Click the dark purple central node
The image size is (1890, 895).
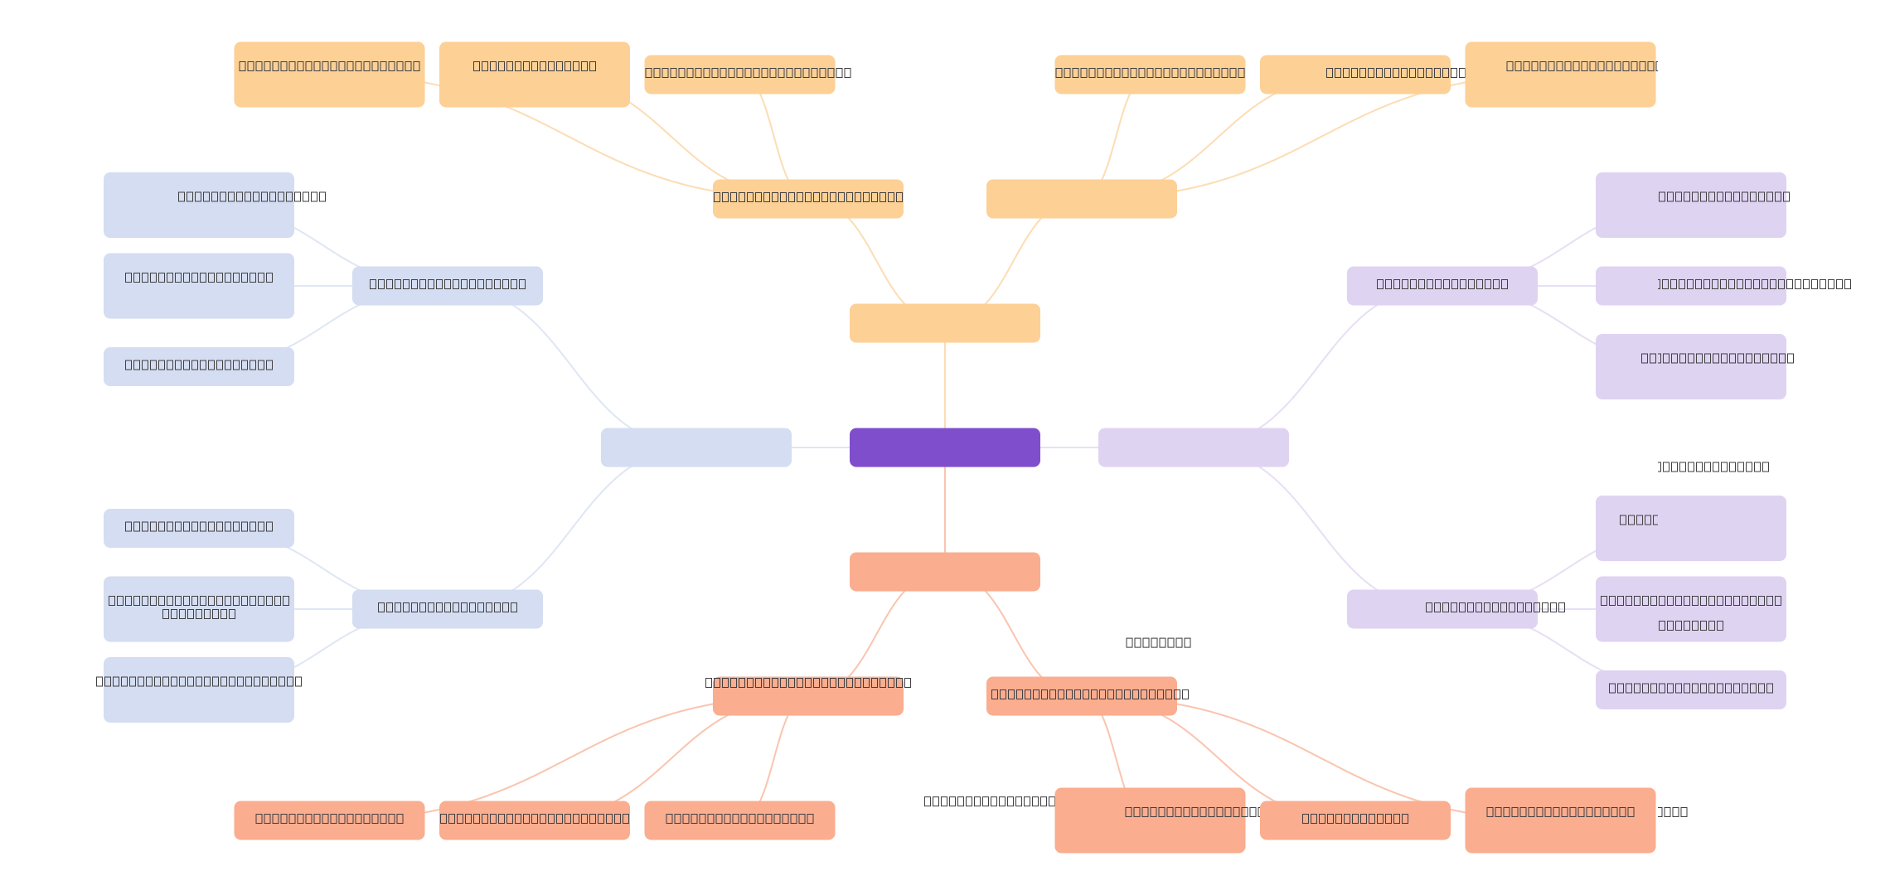(945, 447)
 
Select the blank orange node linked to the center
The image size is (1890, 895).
(945, 323)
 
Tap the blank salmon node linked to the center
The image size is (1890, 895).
(945, 572)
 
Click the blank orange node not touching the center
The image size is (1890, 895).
(1082, 199)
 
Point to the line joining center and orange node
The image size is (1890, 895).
(945, 385)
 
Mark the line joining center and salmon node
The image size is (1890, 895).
(945, 510)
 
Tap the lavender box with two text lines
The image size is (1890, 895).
(1691, 609)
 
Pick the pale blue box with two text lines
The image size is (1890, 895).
(199, 609)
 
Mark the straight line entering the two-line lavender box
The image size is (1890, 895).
(1567, 609)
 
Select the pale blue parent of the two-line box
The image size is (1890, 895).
(448, 609)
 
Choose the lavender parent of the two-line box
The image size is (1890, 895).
(1442, 609)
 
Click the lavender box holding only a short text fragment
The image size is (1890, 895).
(1691, 529)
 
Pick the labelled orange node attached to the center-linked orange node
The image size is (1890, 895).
(808, 199)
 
